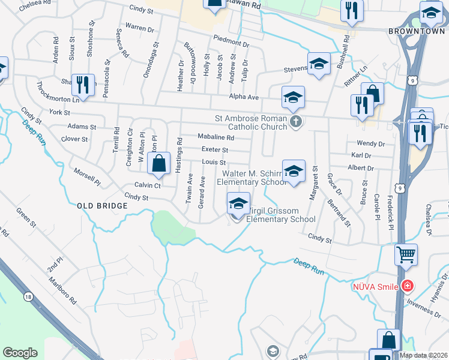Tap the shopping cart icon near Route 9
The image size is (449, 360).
tap(406, 254)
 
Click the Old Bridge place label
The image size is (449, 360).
tap(103, 206)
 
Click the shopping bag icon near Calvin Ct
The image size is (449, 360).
tap(158, 164)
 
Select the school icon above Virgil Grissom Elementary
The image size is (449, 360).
tap(238, 203)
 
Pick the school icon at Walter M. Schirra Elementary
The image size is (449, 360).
tap(294, 171)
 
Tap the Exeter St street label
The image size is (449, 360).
tap(215, 149)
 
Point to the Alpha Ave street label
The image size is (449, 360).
tap(243, 97)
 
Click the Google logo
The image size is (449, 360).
tap(20, 353)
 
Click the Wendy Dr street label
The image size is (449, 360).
tap(370, 143)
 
